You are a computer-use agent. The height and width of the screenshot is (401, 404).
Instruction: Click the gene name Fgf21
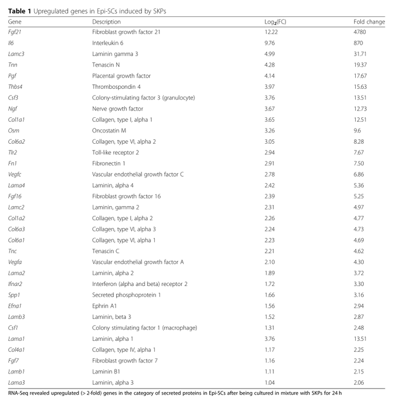15,32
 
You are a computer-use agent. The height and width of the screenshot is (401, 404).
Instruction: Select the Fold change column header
369,21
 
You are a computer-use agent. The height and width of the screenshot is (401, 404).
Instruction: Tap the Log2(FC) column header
276,22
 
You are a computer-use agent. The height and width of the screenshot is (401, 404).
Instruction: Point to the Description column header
107,21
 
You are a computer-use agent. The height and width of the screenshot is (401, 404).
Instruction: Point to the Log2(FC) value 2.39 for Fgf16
270,196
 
